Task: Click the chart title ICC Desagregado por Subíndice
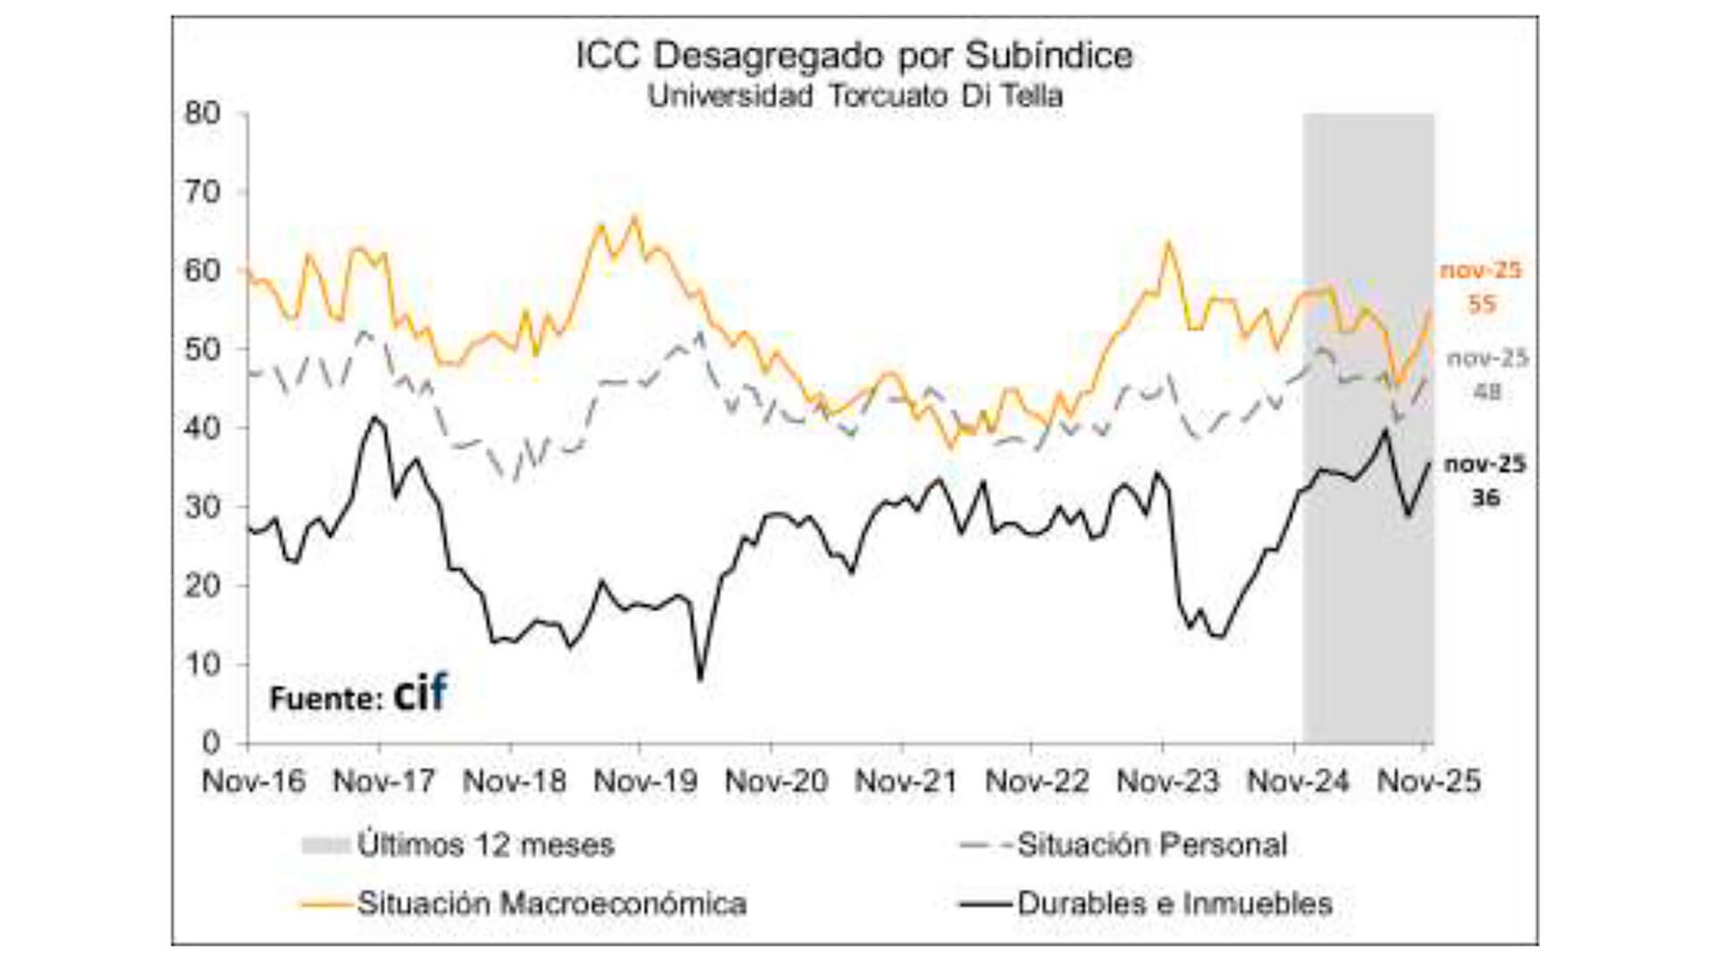click(854, 56)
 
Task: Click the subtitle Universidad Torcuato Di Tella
click(854, 96)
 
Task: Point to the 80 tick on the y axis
click(202, 113)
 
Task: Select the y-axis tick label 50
click(202, 349)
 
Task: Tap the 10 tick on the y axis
click(202, 664)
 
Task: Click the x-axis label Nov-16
click(254, 782)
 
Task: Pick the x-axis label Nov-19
click(645, 782)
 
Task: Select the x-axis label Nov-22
click(1037, 782)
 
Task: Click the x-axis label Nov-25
click(1428, 782)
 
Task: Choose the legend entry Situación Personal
click(1151, 845)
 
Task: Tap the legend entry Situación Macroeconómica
click(551, 904)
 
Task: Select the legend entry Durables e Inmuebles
click(1173, 904)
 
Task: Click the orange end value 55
click(1481, 304)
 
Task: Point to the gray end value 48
click(1486, 391)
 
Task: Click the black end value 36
click(1485, 498)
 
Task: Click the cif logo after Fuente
click(420, 693)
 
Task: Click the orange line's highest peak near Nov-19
click(635, 216)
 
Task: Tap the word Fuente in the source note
click(319, 699)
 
